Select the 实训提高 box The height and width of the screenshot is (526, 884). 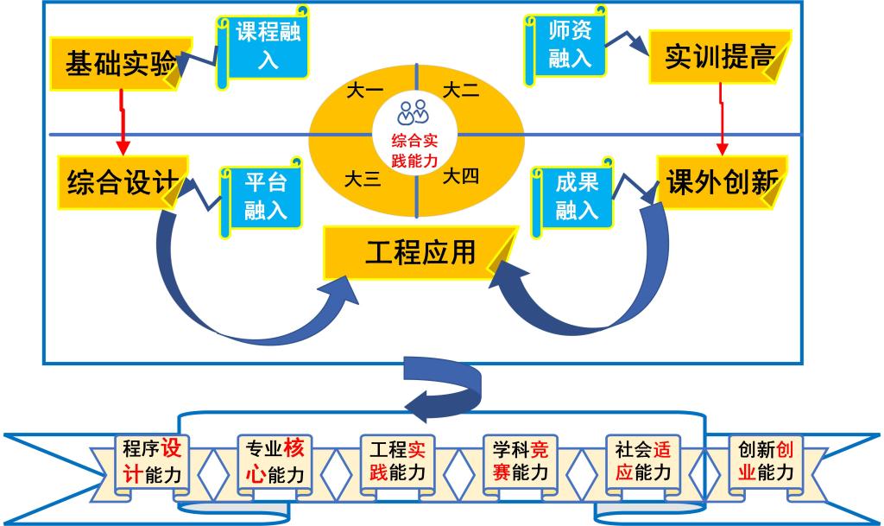click(x=717, y=57)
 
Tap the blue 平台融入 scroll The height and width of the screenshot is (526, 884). click(x=263, y=195)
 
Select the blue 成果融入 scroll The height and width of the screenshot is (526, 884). click(x=575, y=196)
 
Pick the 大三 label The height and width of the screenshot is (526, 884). click(x=363, y=179)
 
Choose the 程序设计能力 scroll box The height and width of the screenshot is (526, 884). click(x=152, y=462)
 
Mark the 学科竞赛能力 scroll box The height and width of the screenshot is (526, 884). click(x=520, y=462)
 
